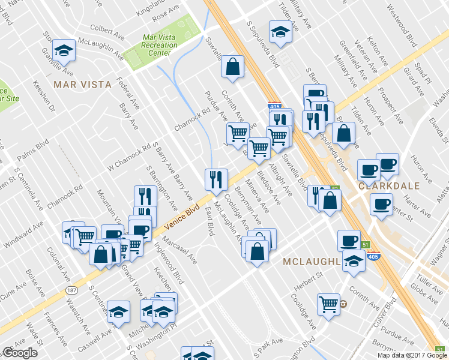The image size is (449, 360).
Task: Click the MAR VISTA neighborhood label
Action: [x=83, y=85]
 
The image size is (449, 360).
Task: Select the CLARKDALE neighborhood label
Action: [x=388, y=186]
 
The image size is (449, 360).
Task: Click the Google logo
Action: [x=19, y=353]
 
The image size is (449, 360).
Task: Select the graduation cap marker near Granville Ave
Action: [x=64, y=51]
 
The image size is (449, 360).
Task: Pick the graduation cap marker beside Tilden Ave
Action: [x=280, y=31]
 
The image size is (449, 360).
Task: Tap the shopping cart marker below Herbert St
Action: [x=328, y=304]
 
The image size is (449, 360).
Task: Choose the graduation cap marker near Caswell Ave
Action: [x=118, y=311]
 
